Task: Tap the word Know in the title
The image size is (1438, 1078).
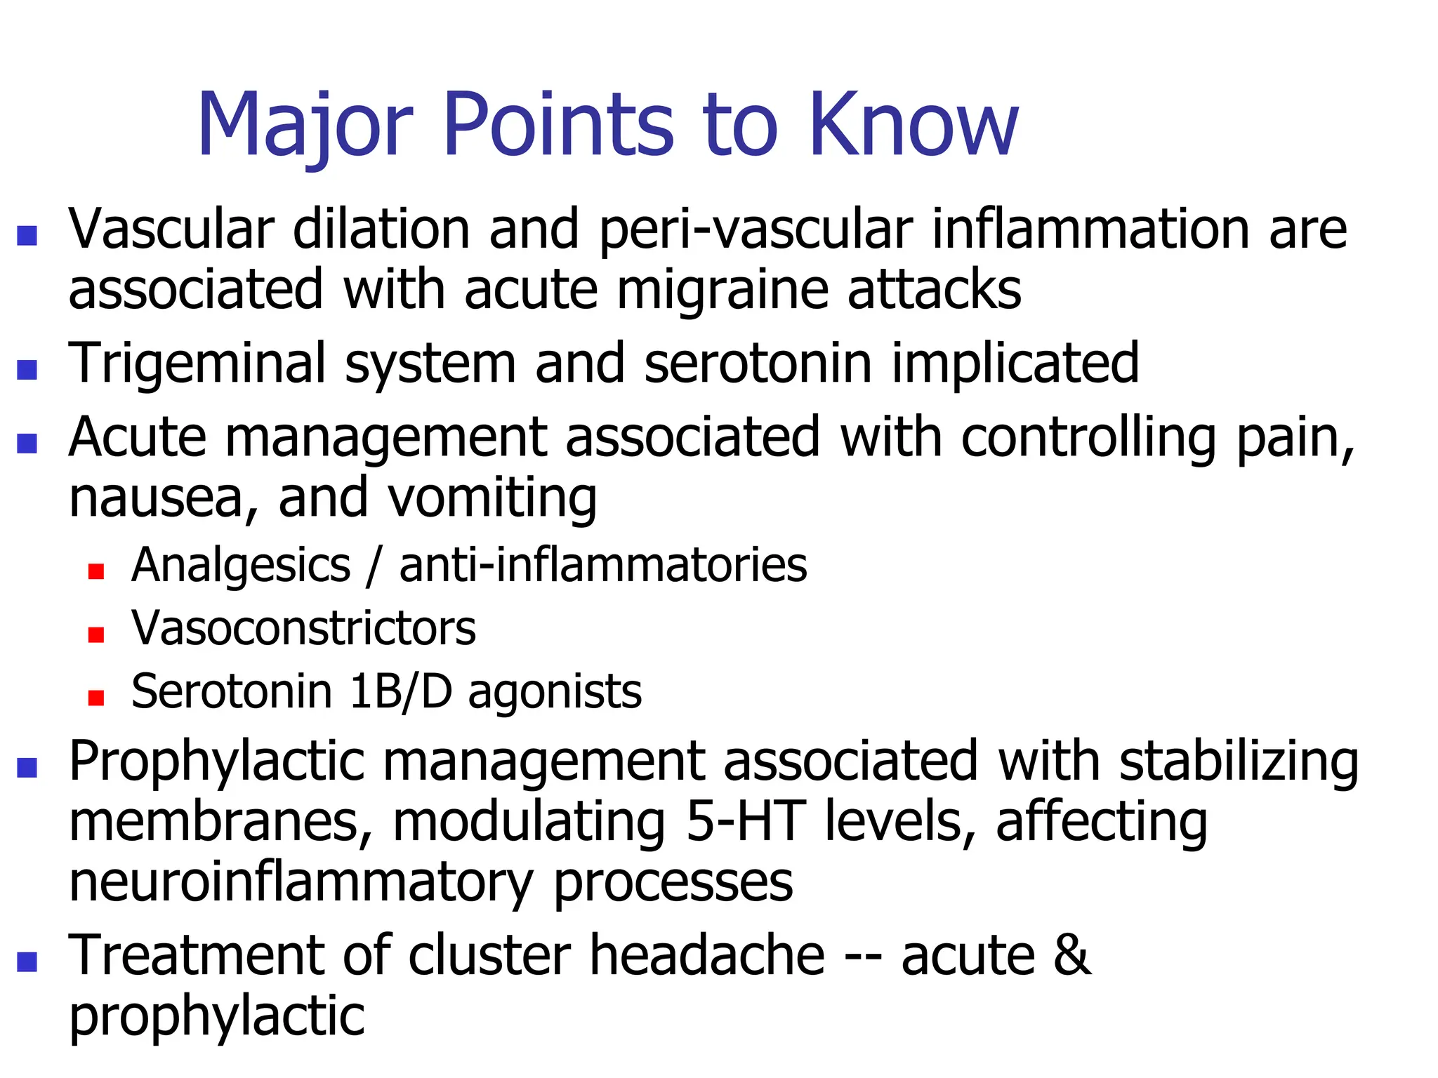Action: [913, 125]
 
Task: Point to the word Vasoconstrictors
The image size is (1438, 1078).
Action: [303, 628]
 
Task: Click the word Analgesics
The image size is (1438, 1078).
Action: [241, 566]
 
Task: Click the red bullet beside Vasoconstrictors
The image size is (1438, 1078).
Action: [96, 634]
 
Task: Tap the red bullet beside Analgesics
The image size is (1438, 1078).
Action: [96, 571]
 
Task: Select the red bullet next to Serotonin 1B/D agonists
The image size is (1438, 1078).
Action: [96, 698]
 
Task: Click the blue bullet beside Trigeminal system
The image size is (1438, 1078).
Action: [27, 369]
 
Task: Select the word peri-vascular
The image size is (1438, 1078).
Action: [756, 230]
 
